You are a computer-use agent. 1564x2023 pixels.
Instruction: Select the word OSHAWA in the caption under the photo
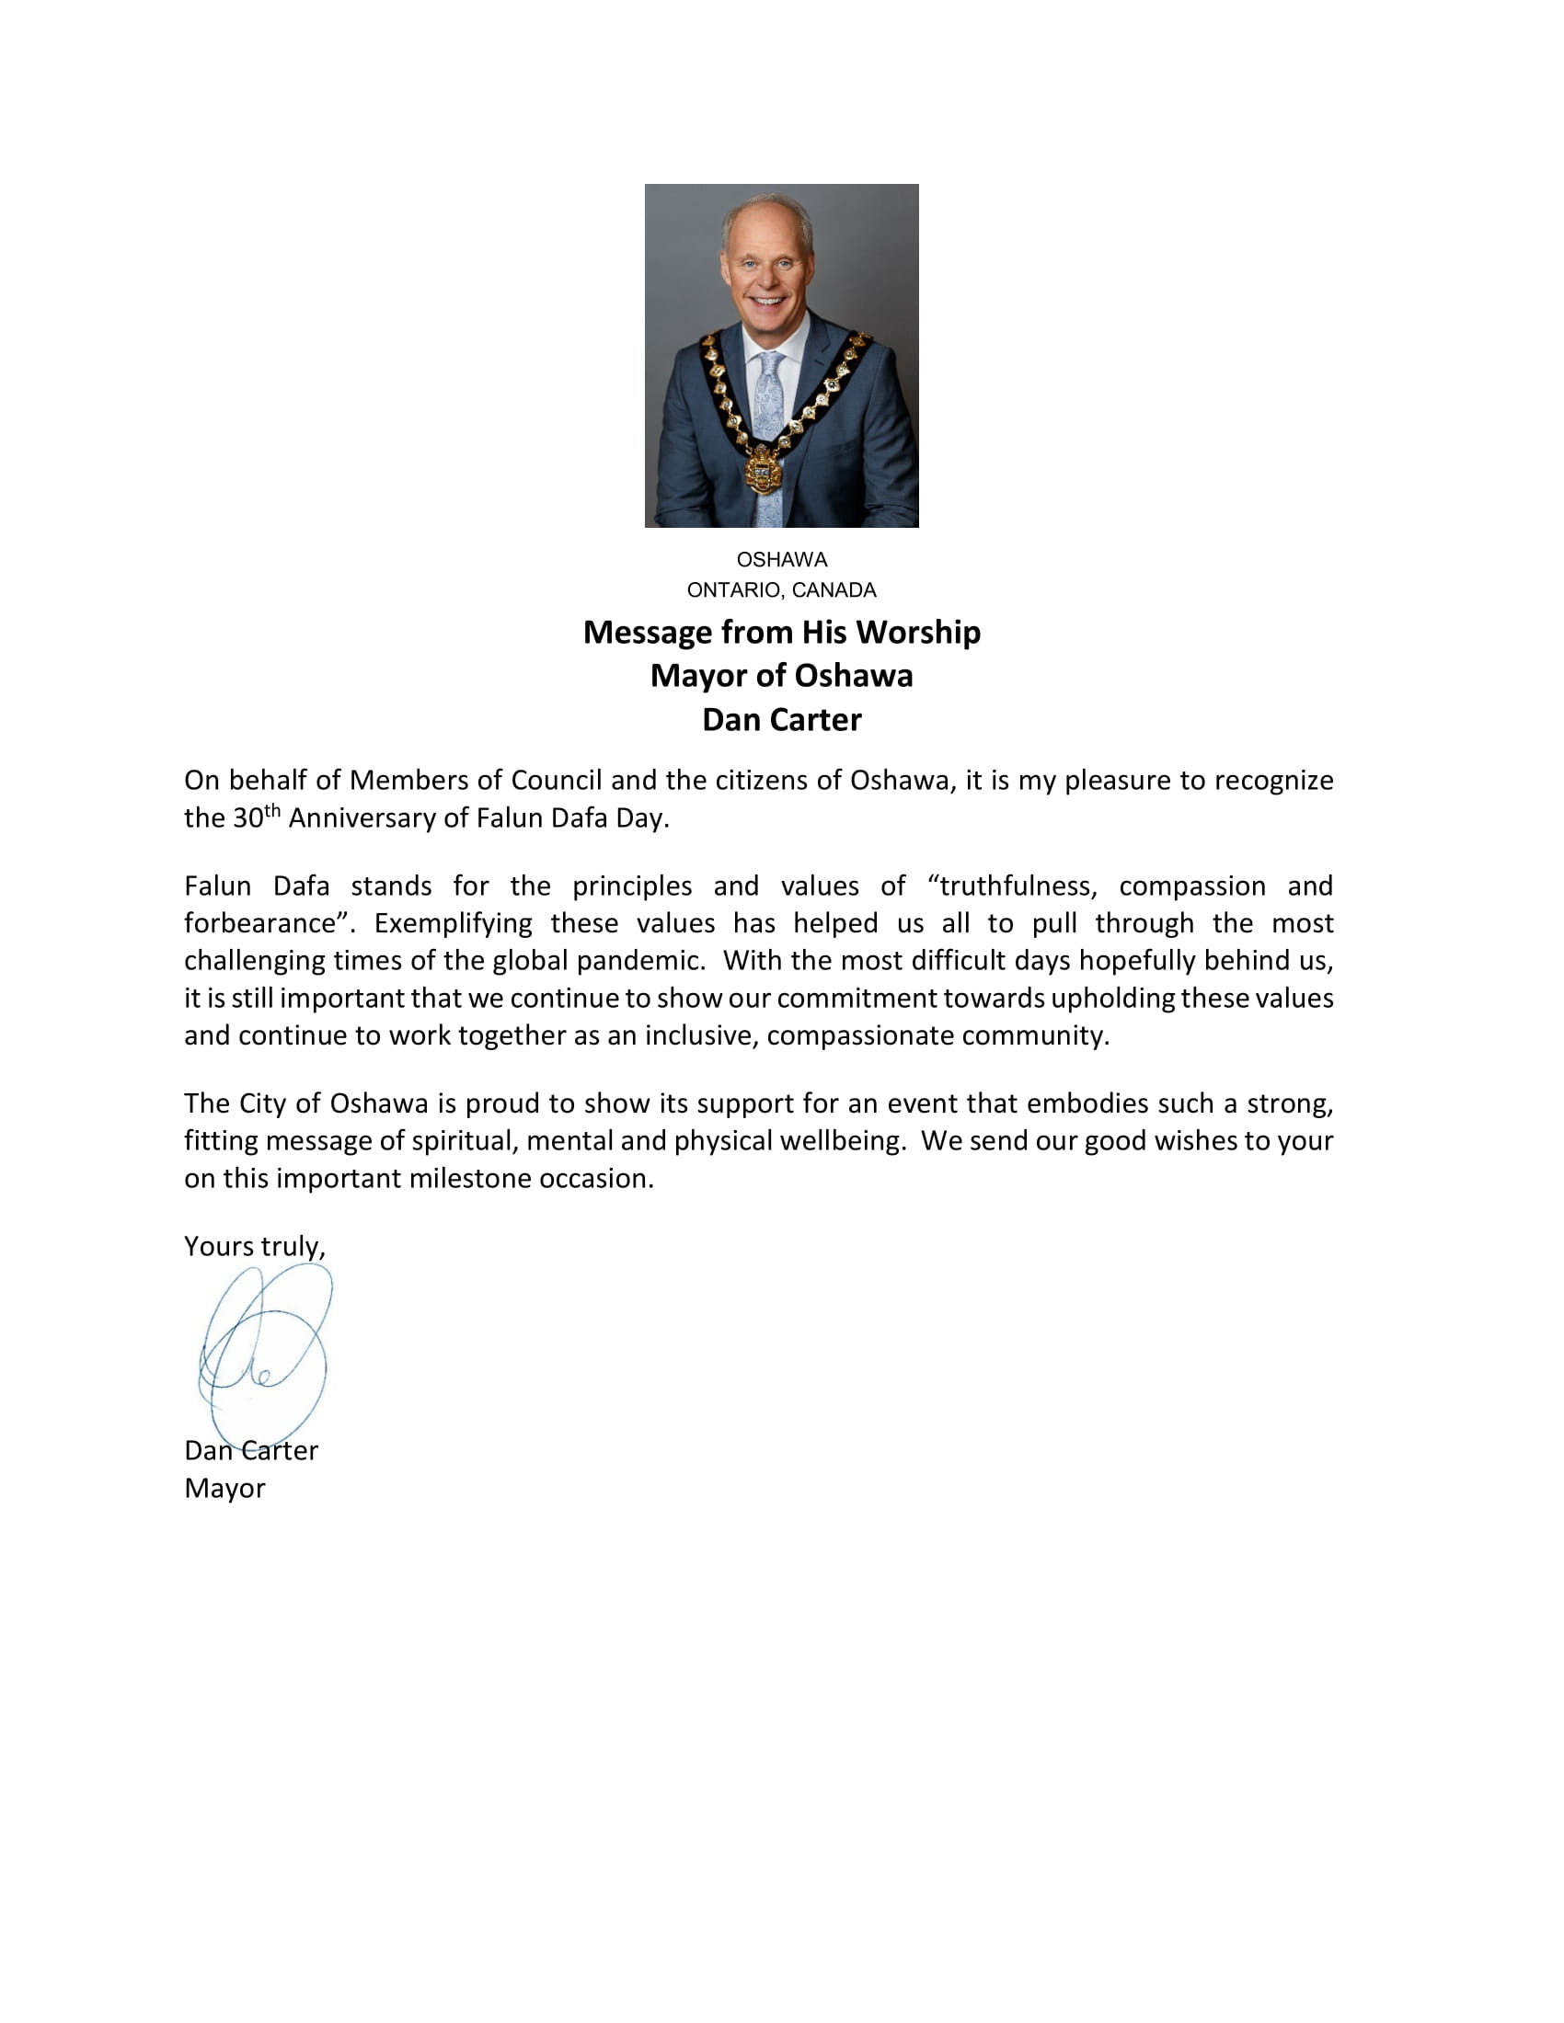click(781, 559)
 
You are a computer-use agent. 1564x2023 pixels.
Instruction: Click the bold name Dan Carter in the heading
click(781, 720)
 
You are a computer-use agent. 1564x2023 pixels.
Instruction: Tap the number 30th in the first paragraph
click(256, 817)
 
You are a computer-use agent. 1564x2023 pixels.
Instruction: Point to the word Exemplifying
click(453, 923)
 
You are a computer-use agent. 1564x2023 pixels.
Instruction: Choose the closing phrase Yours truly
click(254, 1247)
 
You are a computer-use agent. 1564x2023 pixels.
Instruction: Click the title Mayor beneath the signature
click(224, 1489)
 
